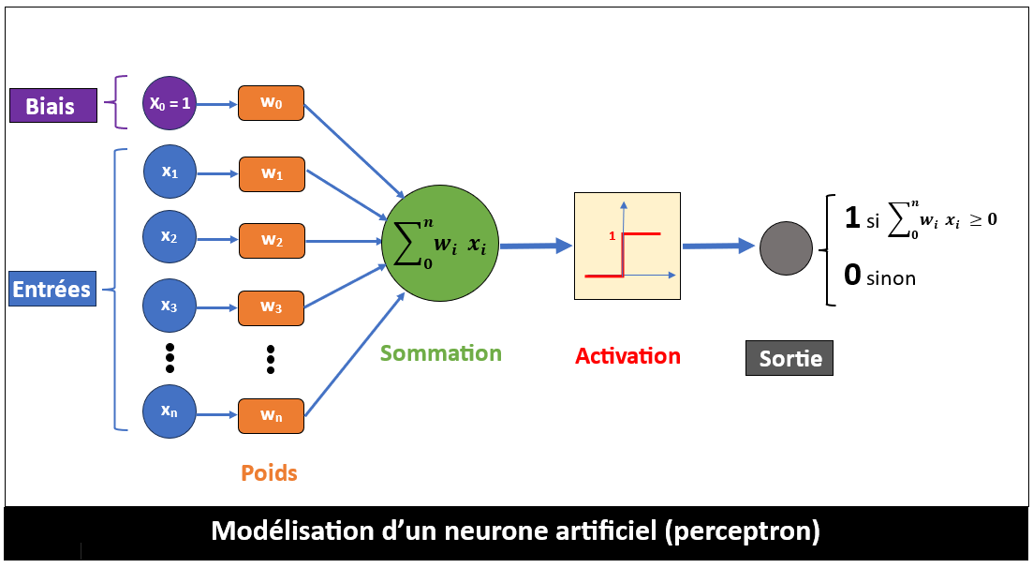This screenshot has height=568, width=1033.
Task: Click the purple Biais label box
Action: tap(53, 105)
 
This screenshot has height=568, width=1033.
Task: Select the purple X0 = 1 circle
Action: tap(170, 103)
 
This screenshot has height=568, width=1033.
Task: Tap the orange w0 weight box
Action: tap(271, 103)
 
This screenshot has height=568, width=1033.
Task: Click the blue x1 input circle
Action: tap(170, 172)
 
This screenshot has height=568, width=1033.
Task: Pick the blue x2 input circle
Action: tap(170, 238)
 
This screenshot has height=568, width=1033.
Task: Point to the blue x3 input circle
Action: tap(170, 306)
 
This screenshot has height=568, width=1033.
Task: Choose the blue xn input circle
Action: tap(170, 412)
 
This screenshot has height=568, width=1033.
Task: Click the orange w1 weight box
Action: tap(271, 173)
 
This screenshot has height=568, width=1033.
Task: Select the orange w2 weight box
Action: tap(271, 241)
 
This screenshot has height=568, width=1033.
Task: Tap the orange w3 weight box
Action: tap(271, 307)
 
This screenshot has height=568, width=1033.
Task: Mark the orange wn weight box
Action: tap(271, 415)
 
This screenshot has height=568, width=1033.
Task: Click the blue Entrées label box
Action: tap(52, 289)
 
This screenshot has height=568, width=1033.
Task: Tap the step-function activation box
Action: tap(627, 246)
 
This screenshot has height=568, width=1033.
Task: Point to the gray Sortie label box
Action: tap(790, 358)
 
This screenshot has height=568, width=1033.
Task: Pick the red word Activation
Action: tap(627, 356)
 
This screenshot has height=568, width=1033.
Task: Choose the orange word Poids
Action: tap(269, 473)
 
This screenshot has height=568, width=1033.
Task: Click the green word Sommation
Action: tap(440, 353)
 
